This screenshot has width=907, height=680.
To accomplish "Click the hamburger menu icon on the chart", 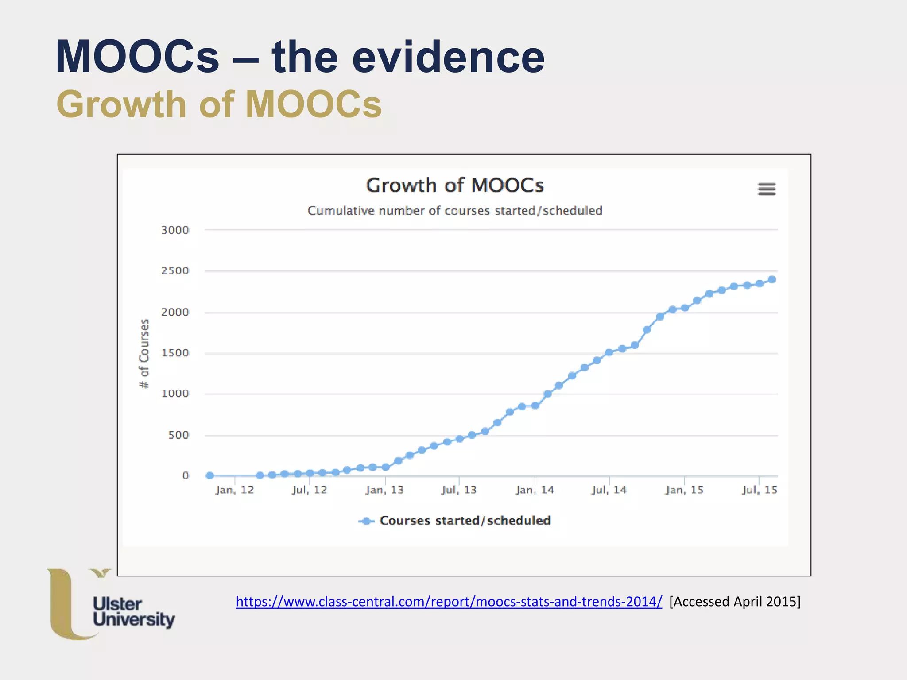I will pos(767,189).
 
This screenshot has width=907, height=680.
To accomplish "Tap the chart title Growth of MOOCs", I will pos(455,185).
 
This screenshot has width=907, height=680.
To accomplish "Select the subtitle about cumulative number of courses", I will pos(455,211).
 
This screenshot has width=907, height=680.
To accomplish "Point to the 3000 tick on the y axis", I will pos(175,230).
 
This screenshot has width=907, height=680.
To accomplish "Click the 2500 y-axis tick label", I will pos(175,271).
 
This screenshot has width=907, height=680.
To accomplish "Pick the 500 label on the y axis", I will pos(178,435).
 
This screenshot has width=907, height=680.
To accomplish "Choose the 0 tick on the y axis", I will pos(186,476).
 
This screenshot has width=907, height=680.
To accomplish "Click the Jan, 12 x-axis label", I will pos(234,490).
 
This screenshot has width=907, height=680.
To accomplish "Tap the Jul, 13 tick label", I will pos(459,490).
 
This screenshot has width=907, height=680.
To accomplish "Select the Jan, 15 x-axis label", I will pos(684,490).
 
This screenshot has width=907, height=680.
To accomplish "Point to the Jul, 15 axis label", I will pos(760,490).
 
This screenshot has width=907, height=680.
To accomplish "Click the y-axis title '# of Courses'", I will pos(144,353).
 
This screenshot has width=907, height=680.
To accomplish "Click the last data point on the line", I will pos(772,279).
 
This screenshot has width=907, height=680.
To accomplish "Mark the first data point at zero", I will pos(210,475).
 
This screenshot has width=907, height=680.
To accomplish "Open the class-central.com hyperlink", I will pos(449,602).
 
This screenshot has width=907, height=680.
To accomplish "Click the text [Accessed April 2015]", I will pos(735,602).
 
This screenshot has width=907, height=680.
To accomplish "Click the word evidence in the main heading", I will pos(448,57).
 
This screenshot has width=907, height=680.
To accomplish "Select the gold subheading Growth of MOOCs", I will pos(219,104).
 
